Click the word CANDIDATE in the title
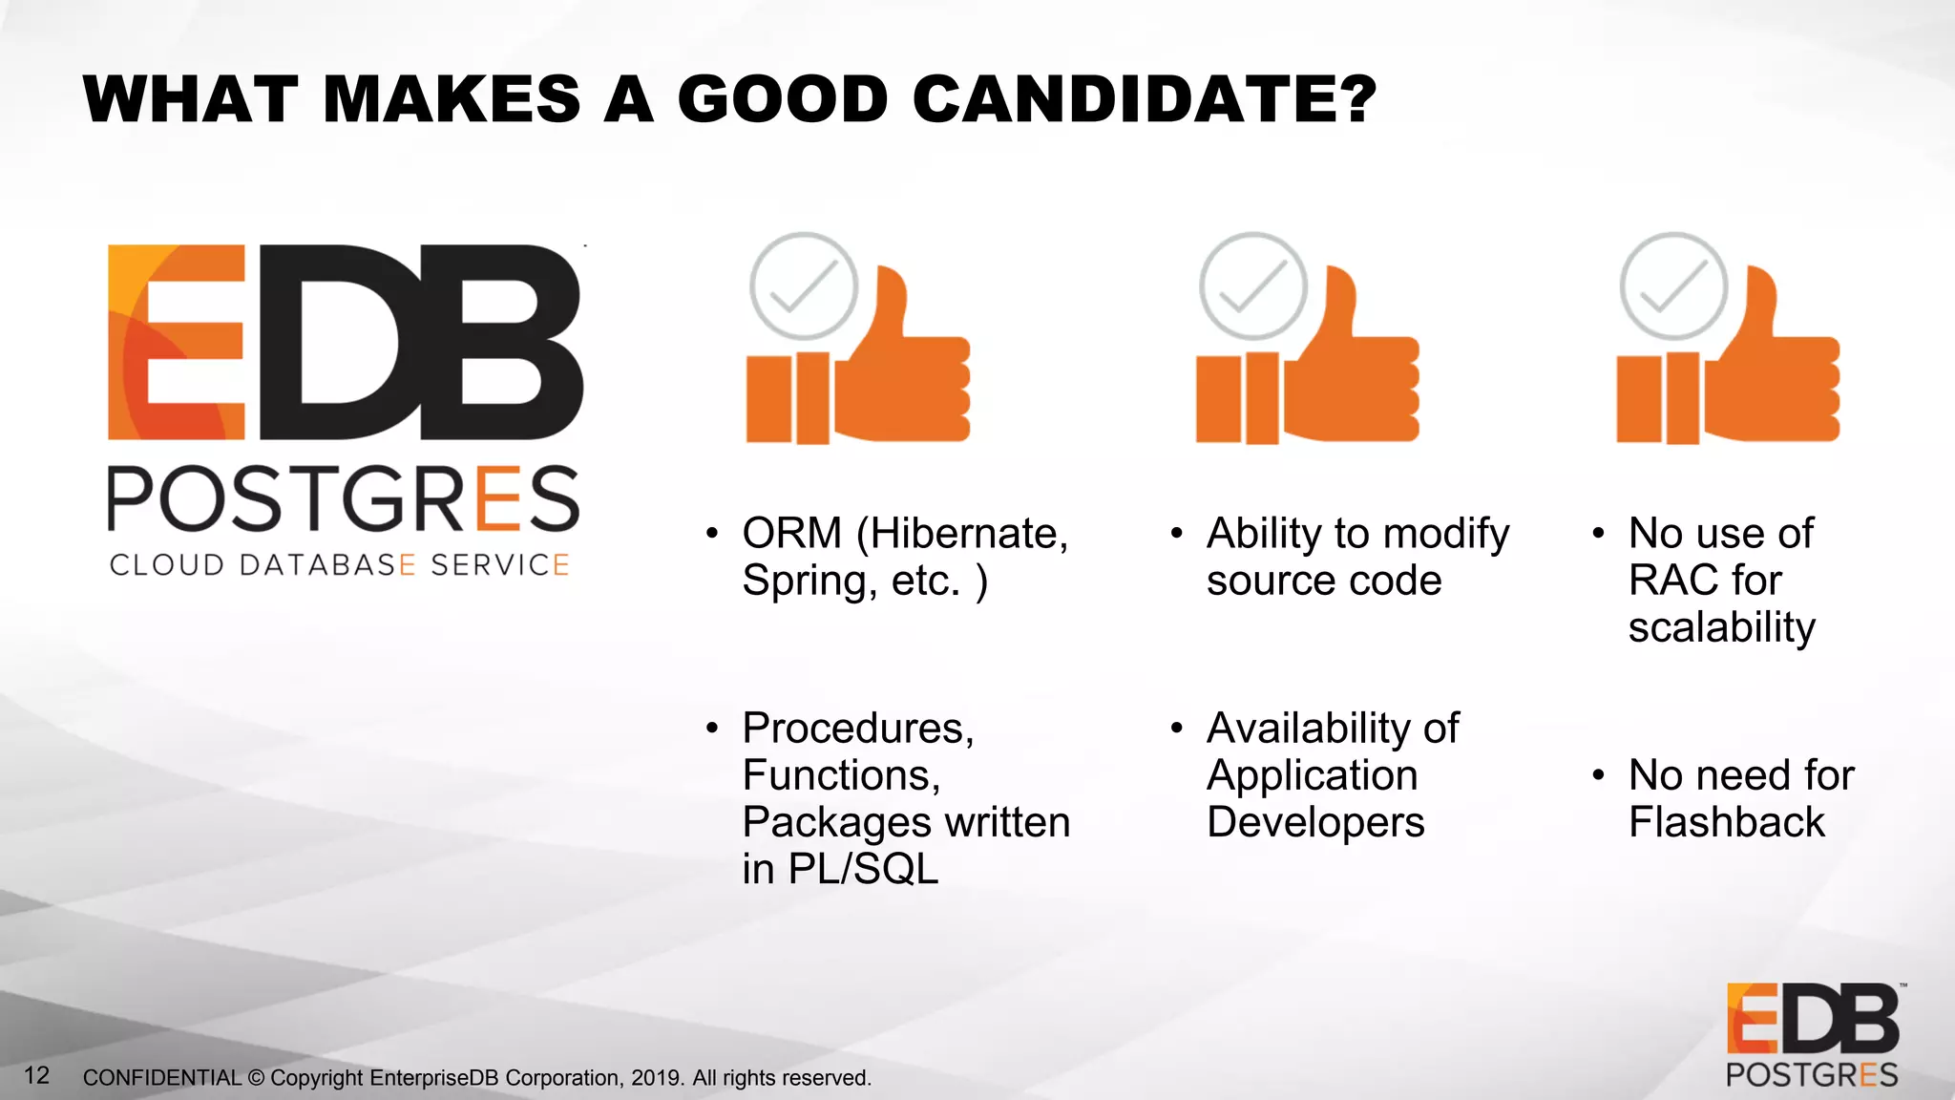coord(1144,99)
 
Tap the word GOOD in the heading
coord(783,99)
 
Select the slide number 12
coord(36,1075)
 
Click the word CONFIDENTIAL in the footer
coord(162,1078)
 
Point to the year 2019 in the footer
coord(656,1078)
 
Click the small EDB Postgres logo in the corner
coord(1812,1035)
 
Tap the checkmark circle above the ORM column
coord(804,286)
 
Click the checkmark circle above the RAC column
coord(1673,286)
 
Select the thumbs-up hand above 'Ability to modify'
coord(1350,368)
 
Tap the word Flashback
coord(1726,822)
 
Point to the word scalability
coord(1721,627)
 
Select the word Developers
coord(1315,822)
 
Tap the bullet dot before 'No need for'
coord(1598,775)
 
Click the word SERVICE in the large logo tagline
coord(499,564)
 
